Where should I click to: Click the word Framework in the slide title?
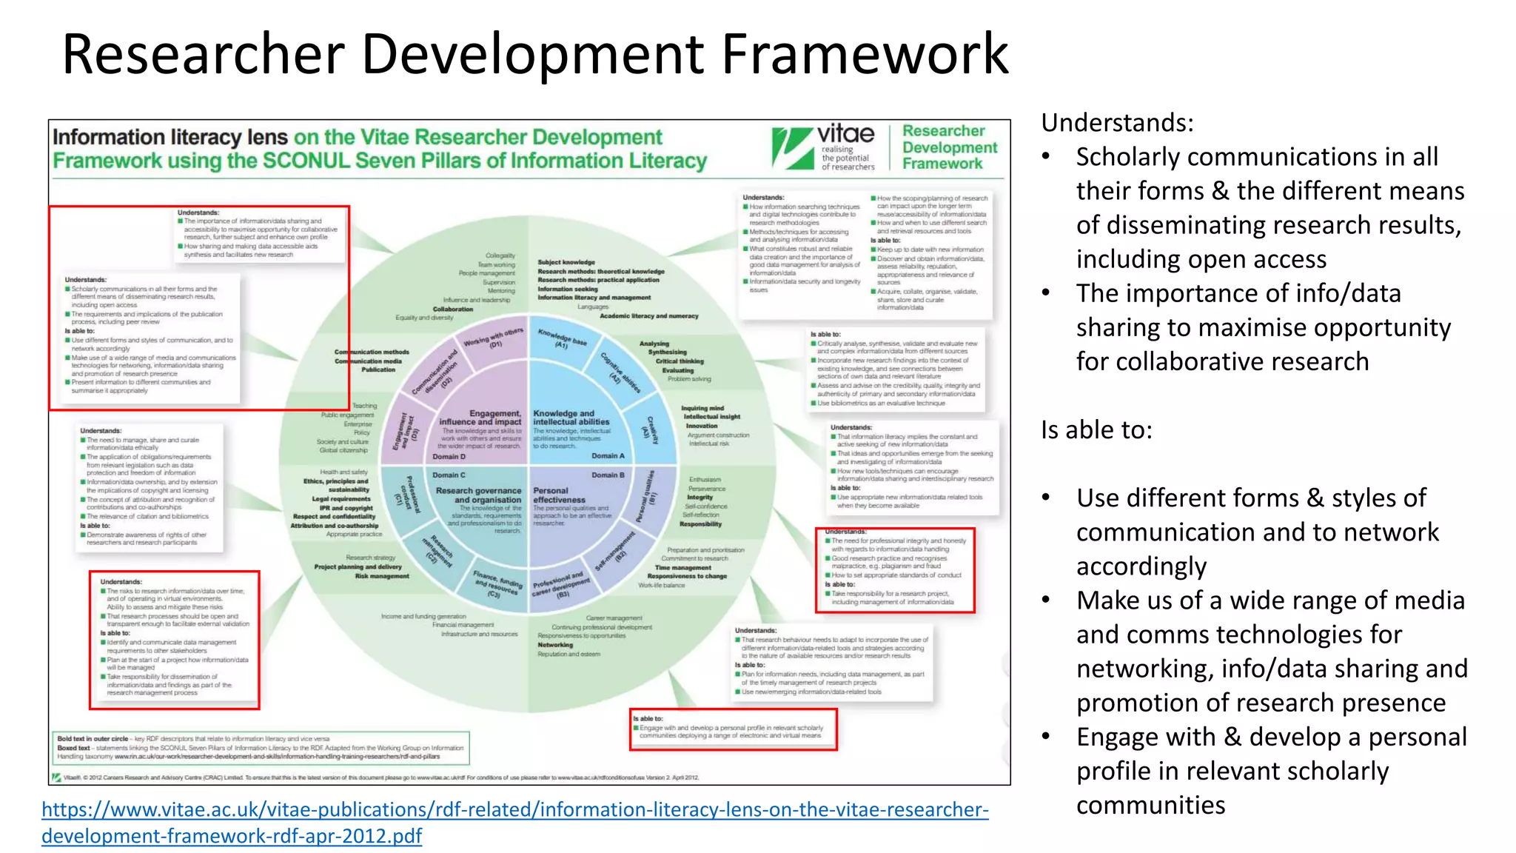[865, 54]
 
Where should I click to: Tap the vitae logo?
[823, 147]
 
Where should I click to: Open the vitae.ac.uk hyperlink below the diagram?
[514, 809]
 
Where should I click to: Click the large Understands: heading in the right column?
[1117, 122]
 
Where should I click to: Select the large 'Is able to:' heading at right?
[1096, 429]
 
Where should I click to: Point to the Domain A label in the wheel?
[608, 456]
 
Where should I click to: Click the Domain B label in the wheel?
[608, 475]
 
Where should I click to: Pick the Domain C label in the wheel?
[449, 475]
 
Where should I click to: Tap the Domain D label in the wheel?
[449, 457]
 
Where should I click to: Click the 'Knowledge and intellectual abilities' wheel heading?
[571, 418]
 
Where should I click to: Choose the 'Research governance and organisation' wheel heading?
[479, 495]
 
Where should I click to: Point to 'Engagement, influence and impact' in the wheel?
[481, 418]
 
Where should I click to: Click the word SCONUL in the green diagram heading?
[305, 161]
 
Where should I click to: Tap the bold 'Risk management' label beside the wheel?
[381, 576]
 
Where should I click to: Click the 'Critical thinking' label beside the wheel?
[680, 361]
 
